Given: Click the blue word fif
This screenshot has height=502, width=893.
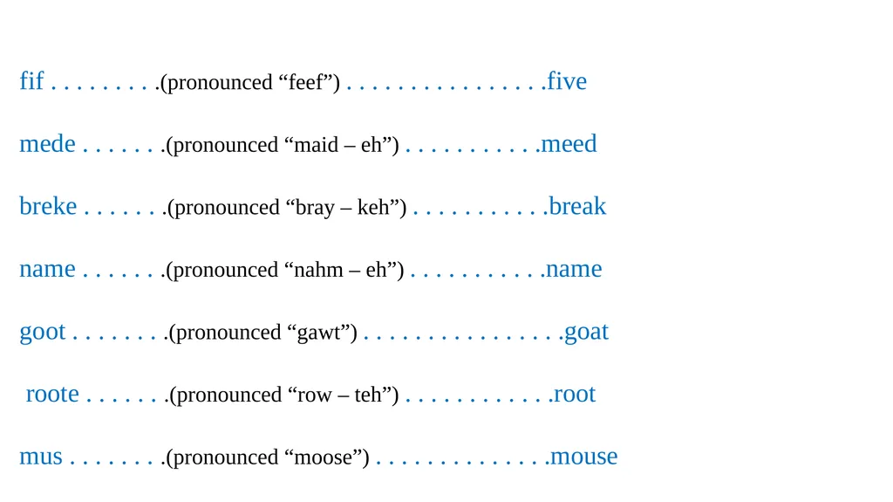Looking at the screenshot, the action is (x=31, y=80).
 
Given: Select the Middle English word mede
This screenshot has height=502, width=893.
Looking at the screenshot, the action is (x=47, y=144).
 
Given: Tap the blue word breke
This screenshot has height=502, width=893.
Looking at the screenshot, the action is (x=48, y=206).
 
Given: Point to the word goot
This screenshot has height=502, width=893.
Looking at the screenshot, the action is (x=43, y=333).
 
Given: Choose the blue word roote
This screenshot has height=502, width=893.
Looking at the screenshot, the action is (x=52, y=395).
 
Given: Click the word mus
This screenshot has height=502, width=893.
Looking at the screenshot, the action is (x=41, y=457).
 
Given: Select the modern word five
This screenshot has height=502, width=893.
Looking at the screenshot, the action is (x=567, y=81).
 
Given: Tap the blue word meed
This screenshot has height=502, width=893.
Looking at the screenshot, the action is (x=569, y=144).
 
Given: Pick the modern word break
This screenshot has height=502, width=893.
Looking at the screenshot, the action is (x=577, y=206).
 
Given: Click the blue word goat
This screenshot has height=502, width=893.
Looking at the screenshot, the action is (x=587, y=333).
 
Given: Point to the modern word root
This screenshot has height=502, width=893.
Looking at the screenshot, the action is (x=575, y=395).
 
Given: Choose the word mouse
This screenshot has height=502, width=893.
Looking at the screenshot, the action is (x=584, y=457).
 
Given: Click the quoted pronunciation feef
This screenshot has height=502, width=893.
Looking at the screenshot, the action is (x=306, y=82).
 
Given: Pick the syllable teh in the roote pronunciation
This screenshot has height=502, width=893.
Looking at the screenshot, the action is (x=368, y=395).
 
